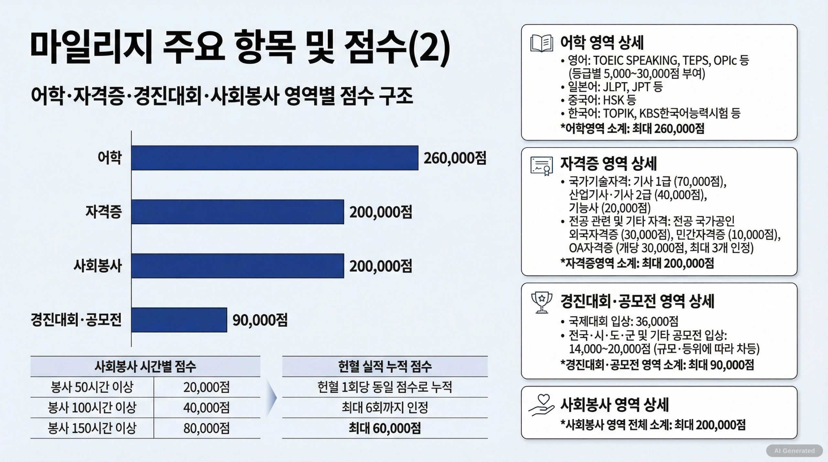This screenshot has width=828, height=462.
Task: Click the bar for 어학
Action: coord(275,158)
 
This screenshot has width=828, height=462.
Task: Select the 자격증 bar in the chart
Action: coord(237,212)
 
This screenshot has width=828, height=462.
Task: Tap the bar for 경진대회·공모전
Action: coord(179,320)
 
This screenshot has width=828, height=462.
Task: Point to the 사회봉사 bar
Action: coord(237,266)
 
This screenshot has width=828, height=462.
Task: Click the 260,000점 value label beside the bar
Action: coord(455,158)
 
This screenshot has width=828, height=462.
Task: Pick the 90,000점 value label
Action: coord(260,320)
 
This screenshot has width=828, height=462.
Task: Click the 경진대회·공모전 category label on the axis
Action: coord(76,320)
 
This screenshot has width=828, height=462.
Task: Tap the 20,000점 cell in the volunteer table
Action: coord(206,387)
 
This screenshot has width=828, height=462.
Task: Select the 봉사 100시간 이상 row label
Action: coord(92,408)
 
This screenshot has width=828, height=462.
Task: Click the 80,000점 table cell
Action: coord(206,428)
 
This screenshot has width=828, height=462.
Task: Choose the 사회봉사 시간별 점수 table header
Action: coord(145,366)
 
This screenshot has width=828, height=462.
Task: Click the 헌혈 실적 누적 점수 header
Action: coord(385,366)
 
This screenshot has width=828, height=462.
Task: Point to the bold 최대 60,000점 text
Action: coord(385,428)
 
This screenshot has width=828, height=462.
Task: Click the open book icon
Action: coord(541,43)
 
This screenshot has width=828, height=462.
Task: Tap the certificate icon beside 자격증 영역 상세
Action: coord(541,166)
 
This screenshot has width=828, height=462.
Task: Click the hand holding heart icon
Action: coord(541,406)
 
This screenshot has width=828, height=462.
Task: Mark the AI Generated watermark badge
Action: coord(794,451)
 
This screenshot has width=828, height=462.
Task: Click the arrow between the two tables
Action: coord(271,398)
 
